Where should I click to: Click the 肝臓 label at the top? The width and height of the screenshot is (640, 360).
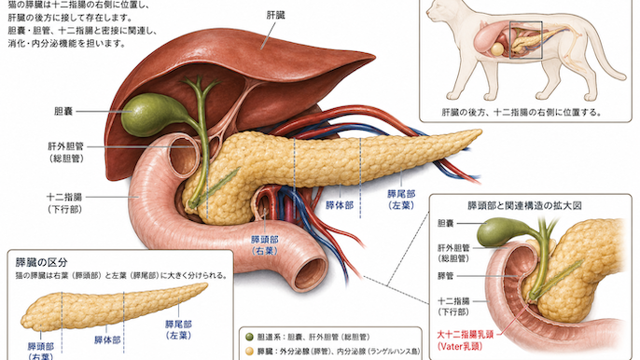click(275, 16)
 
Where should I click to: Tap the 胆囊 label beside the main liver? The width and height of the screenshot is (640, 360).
click(63, 111)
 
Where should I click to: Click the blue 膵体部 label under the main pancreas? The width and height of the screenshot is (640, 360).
click(340, 205)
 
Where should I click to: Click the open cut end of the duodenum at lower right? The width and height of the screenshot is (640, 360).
click(311, 272)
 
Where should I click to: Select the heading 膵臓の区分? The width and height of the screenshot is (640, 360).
click(41, 262)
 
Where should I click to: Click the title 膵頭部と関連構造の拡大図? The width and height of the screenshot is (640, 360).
click(524, 205)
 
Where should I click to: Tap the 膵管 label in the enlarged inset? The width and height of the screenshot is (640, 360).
click(445, 276)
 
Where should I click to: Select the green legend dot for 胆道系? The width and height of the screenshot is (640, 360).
click(249, 337)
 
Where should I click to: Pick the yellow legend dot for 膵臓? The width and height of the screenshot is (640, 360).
click(249, 351)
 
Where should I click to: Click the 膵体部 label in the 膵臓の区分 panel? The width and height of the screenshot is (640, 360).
click(107, 340)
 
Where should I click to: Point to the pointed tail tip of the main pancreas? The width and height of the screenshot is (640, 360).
click(480, 132)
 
